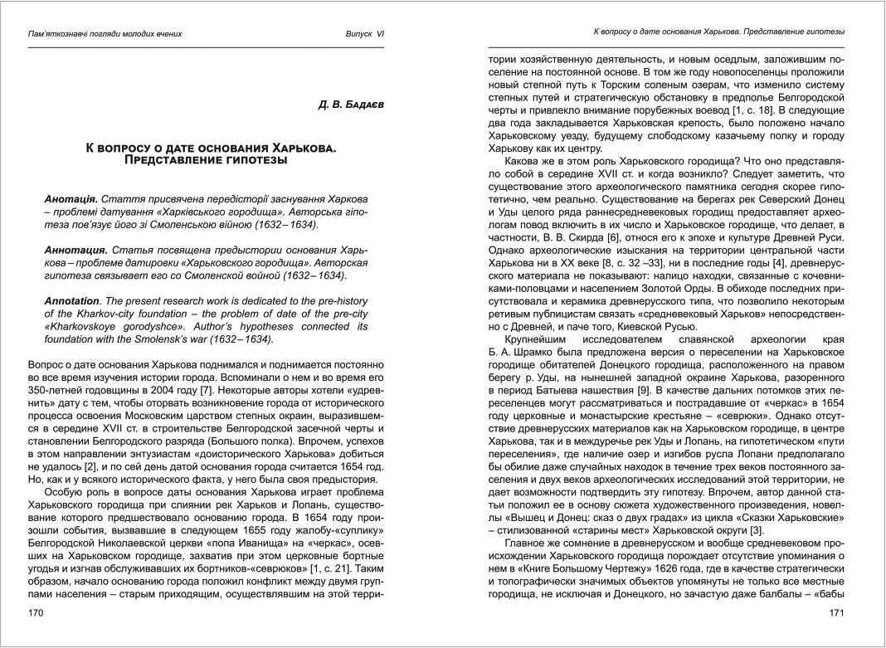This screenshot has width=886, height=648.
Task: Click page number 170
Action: click(35, 613)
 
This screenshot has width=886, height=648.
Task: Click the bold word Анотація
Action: click(71, 200)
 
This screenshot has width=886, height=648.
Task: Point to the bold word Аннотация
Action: click(76, 250)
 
